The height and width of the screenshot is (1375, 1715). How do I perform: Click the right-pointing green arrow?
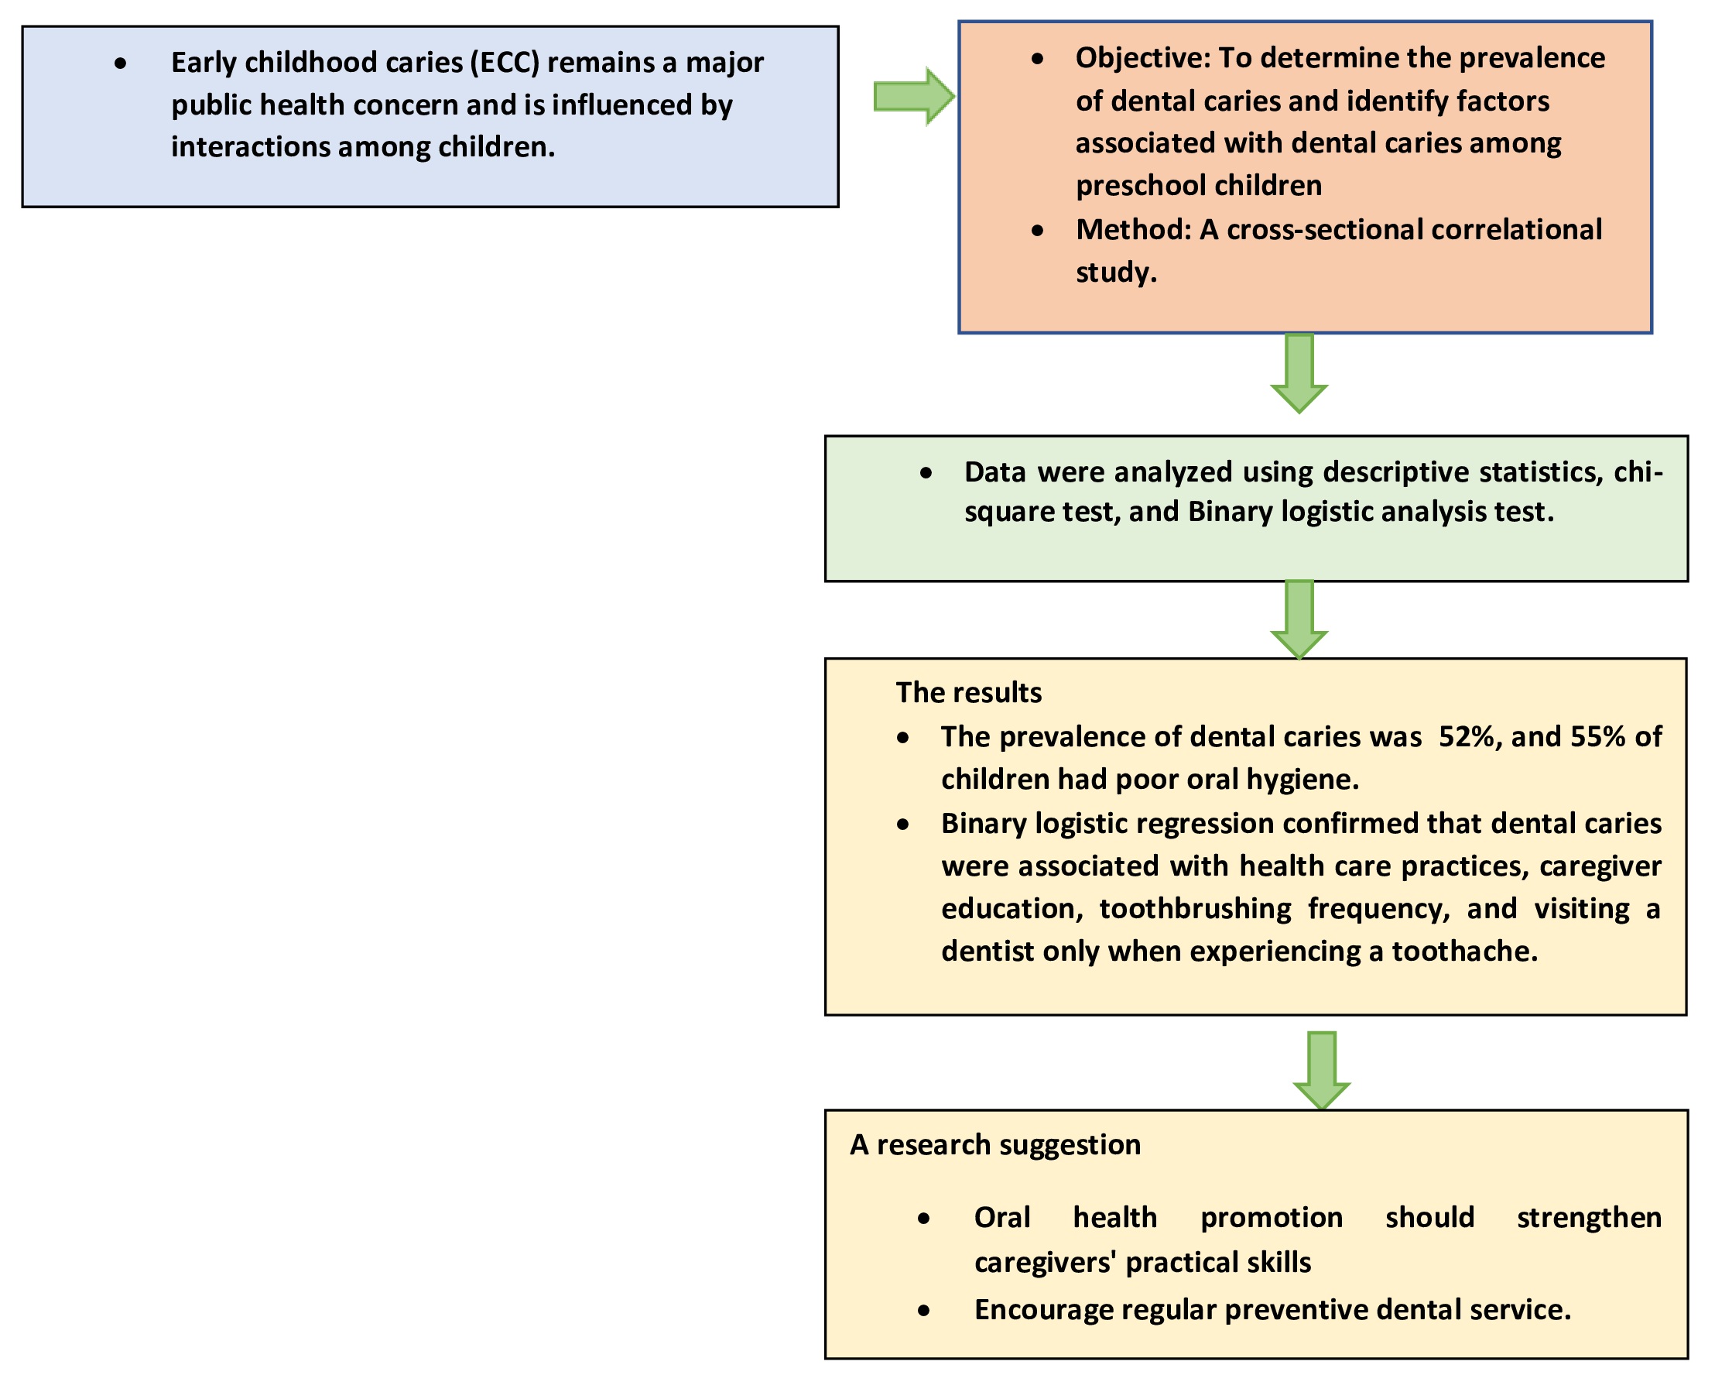914,96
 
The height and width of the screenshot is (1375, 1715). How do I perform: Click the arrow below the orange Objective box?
1299,373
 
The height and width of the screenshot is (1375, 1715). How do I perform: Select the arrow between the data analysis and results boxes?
1299,620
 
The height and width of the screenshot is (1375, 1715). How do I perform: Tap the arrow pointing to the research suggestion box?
1321,1070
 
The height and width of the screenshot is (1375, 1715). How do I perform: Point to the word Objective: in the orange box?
1142,59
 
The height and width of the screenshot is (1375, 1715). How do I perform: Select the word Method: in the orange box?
1134,230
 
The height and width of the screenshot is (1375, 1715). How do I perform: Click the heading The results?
968,692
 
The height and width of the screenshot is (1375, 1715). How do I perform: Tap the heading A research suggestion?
994,1145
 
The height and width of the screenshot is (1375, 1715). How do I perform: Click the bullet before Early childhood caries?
120,63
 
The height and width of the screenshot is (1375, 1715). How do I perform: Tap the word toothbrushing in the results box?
1196,909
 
